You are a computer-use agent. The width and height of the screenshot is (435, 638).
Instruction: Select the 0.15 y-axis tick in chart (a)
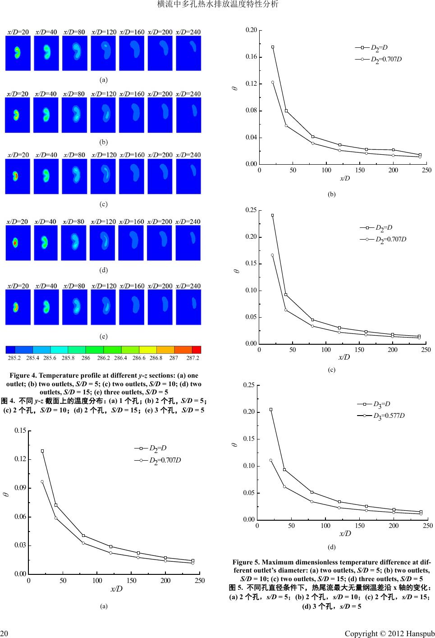[20, 431]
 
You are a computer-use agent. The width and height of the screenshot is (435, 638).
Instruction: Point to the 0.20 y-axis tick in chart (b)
[251, 30]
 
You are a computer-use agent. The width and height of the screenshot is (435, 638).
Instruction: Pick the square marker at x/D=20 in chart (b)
[273, 47]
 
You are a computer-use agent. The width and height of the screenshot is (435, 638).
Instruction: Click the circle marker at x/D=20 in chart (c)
[272, 255]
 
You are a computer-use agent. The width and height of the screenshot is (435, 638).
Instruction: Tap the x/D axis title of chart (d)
[345, 533]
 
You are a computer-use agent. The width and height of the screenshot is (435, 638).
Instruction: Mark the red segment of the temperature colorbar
[197, 350]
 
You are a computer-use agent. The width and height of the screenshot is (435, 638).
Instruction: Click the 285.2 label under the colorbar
[14, 358]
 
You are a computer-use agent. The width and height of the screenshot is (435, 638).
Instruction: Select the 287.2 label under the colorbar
[192, 358]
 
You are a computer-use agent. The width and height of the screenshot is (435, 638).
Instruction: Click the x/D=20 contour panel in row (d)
[18, 243]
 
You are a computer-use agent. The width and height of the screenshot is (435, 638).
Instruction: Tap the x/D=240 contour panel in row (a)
[188, 53]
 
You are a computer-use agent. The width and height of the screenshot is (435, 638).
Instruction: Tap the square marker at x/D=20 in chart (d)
[271, 409]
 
